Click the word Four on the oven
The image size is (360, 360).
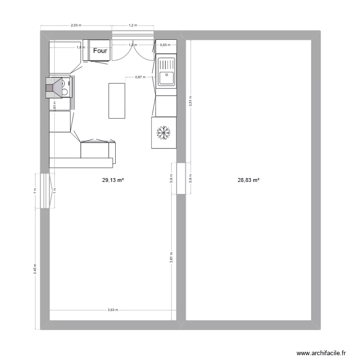click(x=101, y=50)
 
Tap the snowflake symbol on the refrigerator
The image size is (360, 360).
click(x=164, y=133)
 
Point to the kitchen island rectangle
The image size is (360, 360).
click(x=117, y=100)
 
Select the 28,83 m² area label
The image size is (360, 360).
click(x=249, y=180)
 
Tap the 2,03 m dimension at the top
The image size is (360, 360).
click(x=76, y=25)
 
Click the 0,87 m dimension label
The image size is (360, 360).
click(x=140, y=77)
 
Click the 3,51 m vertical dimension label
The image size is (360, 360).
click(x=191, y=102)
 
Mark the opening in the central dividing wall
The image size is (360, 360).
click(x=181, y=179)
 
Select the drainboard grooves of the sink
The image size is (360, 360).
click(x=167, y=63)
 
